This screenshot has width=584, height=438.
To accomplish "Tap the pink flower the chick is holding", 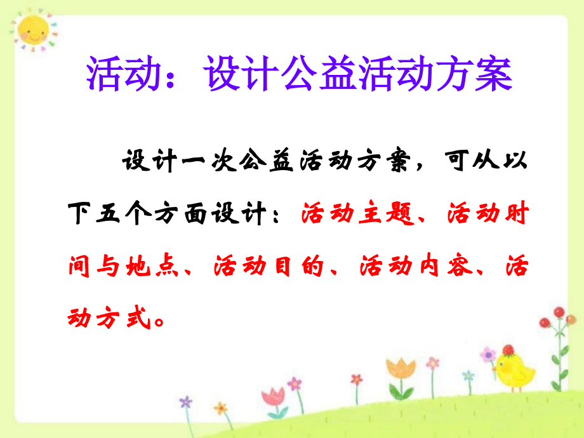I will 488,354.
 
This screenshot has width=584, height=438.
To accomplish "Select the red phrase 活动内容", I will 413,267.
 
